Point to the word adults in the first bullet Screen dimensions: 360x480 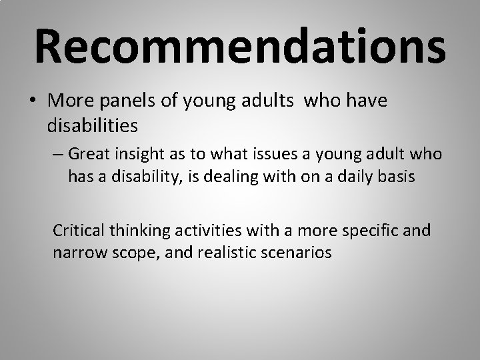pos(273,102)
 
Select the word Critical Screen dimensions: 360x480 pos(79,231)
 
